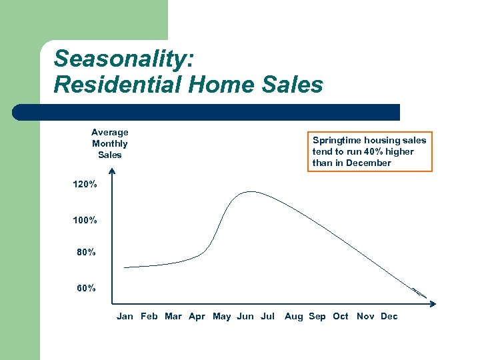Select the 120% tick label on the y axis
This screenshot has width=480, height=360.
coord(85,185)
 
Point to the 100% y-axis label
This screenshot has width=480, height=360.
coord(85,220)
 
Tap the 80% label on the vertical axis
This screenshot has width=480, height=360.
coord(86,253)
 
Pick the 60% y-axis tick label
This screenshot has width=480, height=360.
coord(86,289)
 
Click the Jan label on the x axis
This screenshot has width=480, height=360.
coord(125,317)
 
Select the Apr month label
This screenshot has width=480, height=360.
coord(197,317)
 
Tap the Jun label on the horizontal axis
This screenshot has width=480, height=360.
coord(245,317)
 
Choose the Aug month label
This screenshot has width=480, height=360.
coord(293,317)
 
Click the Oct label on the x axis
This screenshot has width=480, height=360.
coord(341,317)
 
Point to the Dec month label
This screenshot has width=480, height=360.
coord(389,317)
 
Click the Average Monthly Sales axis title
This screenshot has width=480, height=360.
coord(110,144)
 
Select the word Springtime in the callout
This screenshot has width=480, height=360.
coord(337,141)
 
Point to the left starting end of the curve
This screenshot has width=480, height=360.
coord(125,267)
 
